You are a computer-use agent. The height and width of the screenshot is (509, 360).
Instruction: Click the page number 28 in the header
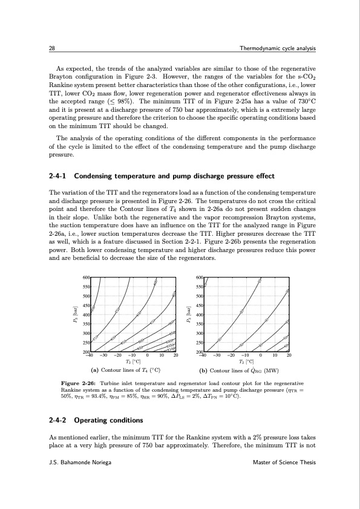click(51, 48)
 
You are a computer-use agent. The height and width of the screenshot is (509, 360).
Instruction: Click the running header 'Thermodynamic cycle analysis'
click(278, 48)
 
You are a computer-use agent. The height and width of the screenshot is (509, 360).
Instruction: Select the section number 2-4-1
click(57, 176)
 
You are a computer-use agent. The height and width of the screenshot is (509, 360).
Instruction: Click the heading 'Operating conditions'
click(107, 420)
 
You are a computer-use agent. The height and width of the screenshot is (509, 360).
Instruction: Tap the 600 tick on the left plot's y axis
click(86, 277)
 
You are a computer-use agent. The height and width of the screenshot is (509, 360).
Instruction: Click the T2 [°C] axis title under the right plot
click(246, 361)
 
